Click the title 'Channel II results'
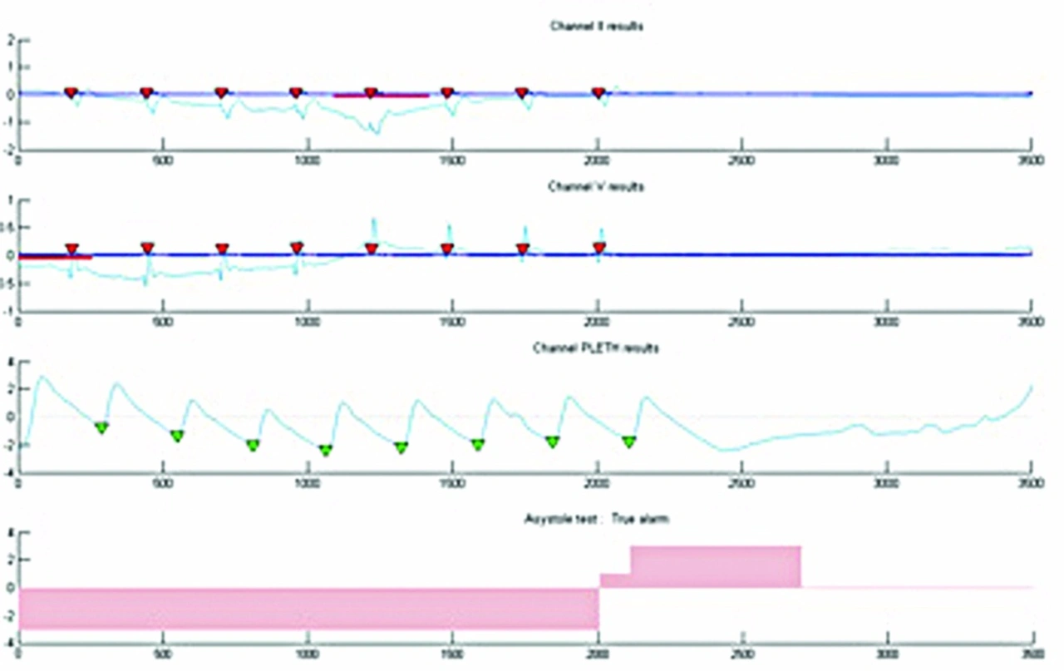click(x=596, y=27)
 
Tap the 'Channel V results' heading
click(x=596, y=187)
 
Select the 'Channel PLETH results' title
click(x=596, y=348)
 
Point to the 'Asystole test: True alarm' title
click(x=596, y=519)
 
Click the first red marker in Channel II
click(x=71, y=92)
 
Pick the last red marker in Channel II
click(x=598, y=92)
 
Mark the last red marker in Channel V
click(x=598, y=248)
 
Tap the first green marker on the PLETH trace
click(x=101, y=427)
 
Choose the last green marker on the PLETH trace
click(x=628, y=441)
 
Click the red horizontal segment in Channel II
click(x=381, y=96)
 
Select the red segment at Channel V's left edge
click(x=54, y=257)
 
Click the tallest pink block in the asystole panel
click(x=716, y=566)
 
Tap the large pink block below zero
click(x=308, y=608)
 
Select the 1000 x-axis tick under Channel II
click(x=308, y=161)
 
